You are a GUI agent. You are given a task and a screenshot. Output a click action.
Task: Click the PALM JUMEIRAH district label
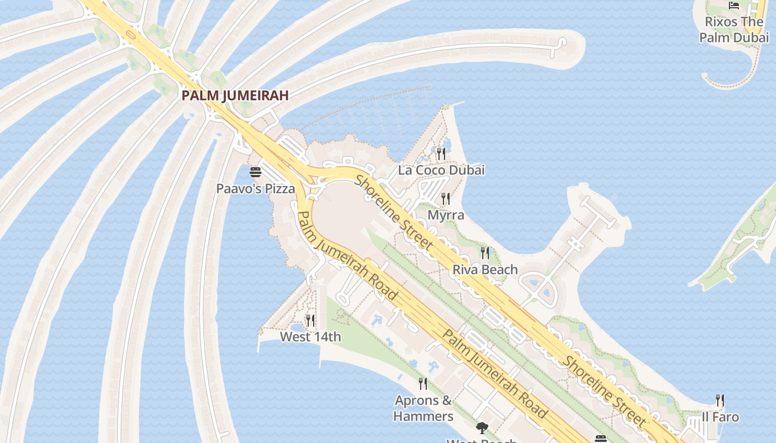tap(235, 95)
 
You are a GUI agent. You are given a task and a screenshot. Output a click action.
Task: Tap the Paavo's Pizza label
tap(256, 189)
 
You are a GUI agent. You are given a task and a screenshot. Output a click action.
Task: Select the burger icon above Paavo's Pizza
tap(255, 172)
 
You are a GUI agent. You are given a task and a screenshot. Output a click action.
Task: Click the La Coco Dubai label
tap(441, 170)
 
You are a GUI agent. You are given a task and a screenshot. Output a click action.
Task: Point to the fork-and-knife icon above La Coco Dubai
tap(441, 153)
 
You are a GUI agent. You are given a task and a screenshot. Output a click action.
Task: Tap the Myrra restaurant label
tap(446, 215)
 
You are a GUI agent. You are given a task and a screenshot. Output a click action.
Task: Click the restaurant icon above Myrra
tap(446, 199)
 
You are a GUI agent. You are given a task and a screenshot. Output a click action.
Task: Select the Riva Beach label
tap(485, 270)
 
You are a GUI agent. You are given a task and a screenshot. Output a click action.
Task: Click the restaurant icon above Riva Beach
tap(485, 253)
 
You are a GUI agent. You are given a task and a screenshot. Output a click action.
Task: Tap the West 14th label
tap(310, 337)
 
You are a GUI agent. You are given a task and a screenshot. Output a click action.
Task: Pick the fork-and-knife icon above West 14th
tap(310, 320)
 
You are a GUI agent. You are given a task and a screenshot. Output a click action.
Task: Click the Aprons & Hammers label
tap(423, 408)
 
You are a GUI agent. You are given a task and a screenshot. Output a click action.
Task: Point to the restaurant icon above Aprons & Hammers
tap(423, 383)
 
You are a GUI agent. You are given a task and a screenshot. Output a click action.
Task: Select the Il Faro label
tap(720, 417)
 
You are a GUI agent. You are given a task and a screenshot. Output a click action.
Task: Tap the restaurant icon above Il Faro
tap(720, 400)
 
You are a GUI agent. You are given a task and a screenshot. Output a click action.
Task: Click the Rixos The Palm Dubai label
tap(734, 30)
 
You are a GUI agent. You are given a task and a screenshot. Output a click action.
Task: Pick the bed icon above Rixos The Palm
tap(734, 6)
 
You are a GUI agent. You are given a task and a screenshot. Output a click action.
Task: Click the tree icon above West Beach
tap(482, 427)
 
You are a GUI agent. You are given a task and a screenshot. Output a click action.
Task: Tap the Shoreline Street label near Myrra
tap(394, 212)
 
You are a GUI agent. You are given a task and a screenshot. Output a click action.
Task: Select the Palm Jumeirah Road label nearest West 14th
tap(348, 255)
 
